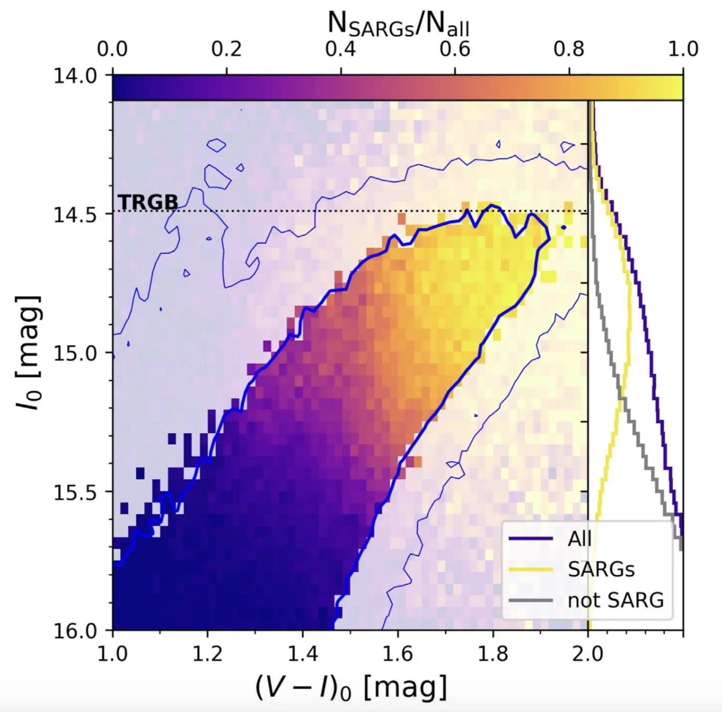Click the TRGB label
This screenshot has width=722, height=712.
[148, 202]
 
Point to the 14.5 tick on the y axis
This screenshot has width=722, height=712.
[75, 214]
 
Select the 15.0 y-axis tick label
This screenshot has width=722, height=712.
[75, 353]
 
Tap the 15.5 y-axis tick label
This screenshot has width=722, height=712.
[75, 492]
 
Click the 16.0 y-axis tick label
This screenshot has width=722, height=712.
[75, 631]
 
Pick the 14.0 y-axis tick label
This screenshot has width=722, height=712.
[75, 76]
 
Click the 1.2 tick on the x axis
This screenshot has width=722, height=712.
[208, 653]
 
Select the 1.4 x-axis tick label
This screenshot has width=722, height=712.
[303, 653]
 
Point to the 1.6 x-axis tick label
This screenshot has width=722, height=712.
[398, 653]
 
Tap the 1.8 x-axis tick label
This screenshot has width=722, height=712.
[493, 653]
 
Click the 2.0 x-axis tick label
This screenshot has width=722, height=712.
[588, 653]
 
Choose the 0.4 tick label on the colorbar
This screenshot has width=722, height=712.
[341, 49]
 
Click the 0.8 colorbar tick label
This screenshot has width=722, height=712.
[569, 49]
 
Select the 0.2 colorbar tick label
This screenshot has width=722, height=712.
[227, 49]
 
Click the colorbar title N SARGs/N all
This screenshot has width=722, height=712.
[398, 24]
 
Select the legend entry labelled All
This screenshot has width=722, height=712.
[579, 539]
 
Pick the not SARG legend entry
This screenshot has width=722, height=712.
[616, 601]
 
